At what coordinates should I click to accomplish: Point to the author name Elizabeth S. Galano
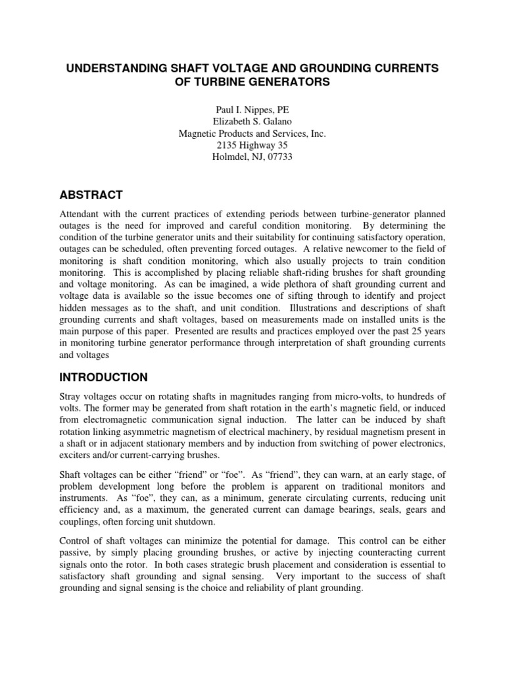[252, 121]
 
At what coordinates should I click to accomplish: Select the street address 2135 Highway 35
[252, 145]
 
